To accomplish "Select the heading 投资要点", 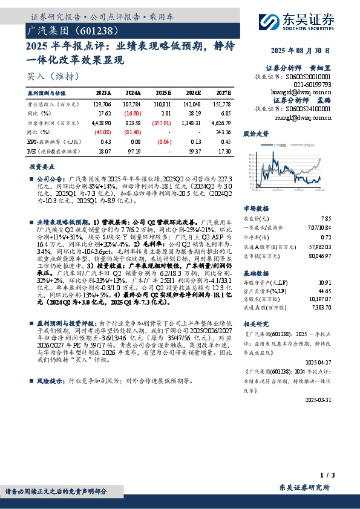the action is point(41,165).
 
